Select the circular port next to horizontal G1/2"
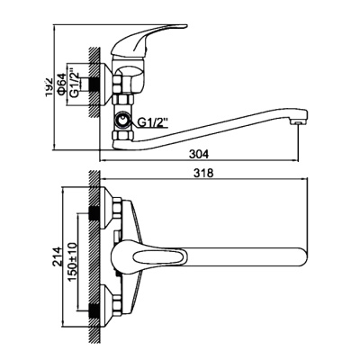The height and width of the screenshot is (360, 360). click(x=120, y=121)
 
